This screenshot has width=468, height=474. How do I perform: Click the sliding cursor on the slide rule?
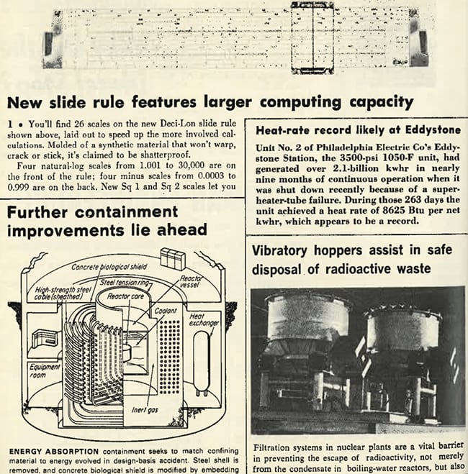(x=312, y=38)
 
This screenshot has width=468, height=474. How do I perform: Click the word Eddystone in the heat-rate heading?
(x=433, y=130)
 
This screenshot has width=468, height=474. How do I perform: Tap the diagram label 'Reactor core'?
(x=125, y=296)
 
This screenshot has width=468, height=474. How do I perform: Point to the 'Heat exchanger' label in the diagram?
(x=203, y=320)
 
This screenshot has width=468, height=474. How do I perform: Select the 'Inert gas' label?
(x=145, y=410)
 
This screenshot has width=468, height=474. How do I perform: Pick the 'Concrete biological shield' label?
(x=109, y=267)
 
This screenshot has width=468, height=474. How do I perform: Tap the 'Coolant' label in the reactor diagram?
(x=166, y=311)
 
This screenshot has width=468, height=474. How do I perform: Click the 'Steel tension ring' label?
(x=125, y=283)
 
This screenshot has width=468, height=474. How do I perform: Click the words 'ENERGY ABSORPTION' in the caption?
(x=54, y=452)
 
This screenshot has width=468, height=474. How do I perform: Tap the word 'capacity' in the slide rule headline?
(x=382, y=102)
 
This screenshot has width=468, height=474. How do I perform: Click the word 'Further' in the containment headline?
(x=37, y=212)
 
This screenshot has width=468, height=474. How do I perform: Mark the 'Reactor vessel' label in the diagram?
(x=191, y=281)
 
